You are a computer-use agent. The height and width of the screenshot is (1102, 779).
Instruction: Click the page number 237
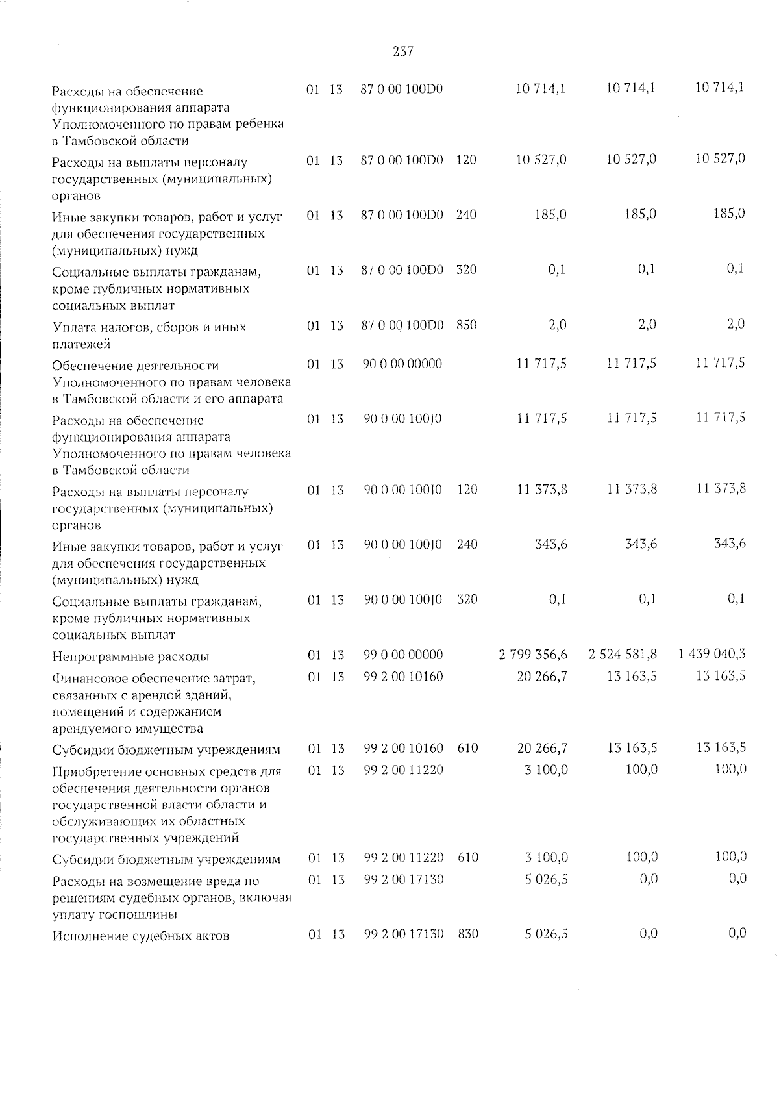(x=403, y=51)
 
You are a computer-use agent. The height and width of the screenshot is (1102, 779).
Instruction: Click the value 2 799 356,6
(x=533, y=655)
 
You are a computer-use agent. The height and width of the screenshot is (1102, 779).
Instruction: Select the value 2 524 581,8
(x=623, y=655)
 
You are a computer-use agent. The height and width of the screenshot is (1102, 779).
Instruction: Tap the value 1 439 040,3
(x=712, y=654)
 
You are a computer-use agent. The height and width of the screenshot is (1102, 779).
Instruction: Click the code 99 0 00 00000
(x=403, y=655)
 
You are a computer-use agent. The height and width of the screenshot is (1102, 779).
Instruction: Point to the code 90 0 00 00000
(x=402, y=364)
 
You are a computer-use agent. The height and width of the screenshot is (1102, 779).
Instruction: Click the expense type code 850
(x=466, y=325)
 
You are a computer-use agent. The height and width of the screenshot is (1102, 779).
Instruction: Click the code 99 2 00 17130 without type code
(x=404, y=879)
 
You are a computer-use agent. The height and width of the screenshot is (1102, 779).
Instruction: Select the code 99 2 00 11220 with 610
(x=404, y=858)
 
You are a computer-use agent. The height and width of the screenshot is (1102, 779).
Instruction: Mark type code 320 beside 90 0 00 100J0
(x=467, y=599)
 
